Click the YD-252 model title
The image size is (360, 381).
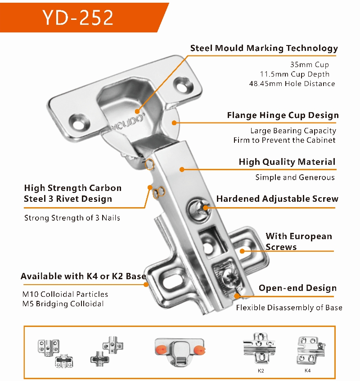coord(78,18)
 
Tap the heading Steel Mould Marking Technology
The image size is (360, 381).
coord(264,48)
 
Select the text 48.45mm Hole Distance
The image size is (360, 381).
coord(292,84)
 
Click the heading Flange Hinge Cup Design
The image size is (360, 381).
coord(283,115)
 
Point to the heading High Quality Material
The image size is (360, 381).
coord(287,162)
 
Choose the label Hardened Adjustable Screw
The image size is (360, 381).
coord(277,199)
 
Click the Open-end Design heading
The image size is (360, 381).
coord(297,288)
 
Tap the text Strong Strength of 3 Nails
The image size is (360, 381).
coord(72,218)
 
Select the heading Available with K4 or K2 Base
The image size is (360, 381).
coord(84,276)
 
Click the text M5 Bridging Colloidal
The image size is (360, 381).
coord(63,304)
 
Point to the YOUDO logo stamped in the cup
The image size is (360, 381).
coord(128,122)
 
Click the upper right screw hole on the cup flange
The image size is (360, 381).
coord(183,85)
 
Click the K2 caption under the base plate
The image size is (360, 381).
coord(261,371)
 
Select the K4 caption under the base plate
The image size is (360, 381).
coord(307,371)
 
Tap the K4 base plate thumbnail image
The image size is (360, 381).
coord(310,351)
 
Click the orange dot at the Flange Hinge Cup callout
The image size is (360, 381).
coord(174,122)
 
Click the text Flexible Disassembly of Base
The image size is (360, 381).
coord(289,308)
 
